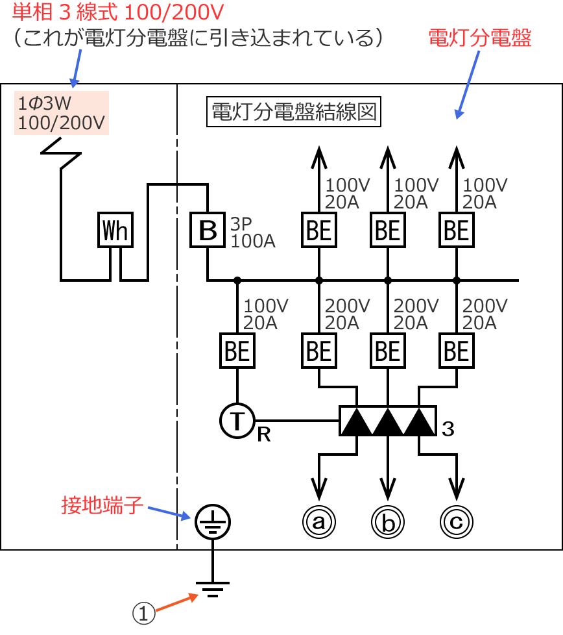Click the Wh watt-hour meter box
coord(115,230)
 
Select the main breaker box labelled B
coord(207,230)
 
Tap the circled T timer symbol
coord(237,421)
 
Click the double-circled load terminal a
coord(318,521)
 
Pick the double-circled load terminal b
coord(388,521)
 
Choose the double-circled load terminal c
coord(457,521)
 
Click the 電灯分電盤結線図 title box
coord(293,112)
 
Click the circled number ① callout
coord(144,612)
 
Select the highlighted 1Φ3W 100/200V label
coord(62,113)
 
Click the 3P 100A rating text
coord(253,233)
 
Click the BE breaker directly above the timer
coord(237,351)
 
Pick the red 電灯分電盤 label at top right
coord(480,38)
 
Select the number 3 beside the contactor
coord(448,429)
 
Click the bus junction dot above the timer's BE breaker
coord(237,280)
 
